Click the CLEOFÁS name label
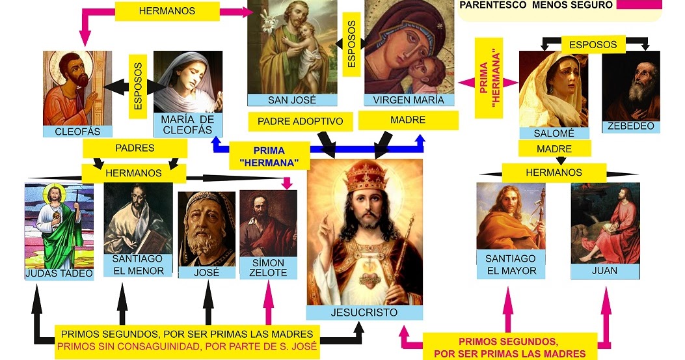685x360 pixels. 76,132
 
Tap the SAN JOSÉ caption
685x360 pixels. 291,100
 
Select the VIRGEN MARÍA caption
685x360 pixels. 409,100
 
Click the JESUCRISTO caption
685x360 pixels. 364,312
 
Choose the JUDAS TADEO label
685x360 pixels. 59,273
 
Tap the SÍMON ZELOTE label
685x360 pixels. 268,268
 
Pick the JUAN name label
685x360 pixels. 604,270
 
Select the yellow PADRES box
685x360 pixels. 135,148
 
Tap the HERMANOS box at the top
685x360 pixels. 166,11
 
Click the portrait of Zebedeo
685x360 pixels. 630,85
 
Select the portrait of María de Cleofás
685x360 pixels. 188,81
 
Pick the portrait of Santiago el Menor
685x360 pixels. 138,218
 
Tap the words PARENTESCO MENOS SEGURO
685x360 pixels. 536,5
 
